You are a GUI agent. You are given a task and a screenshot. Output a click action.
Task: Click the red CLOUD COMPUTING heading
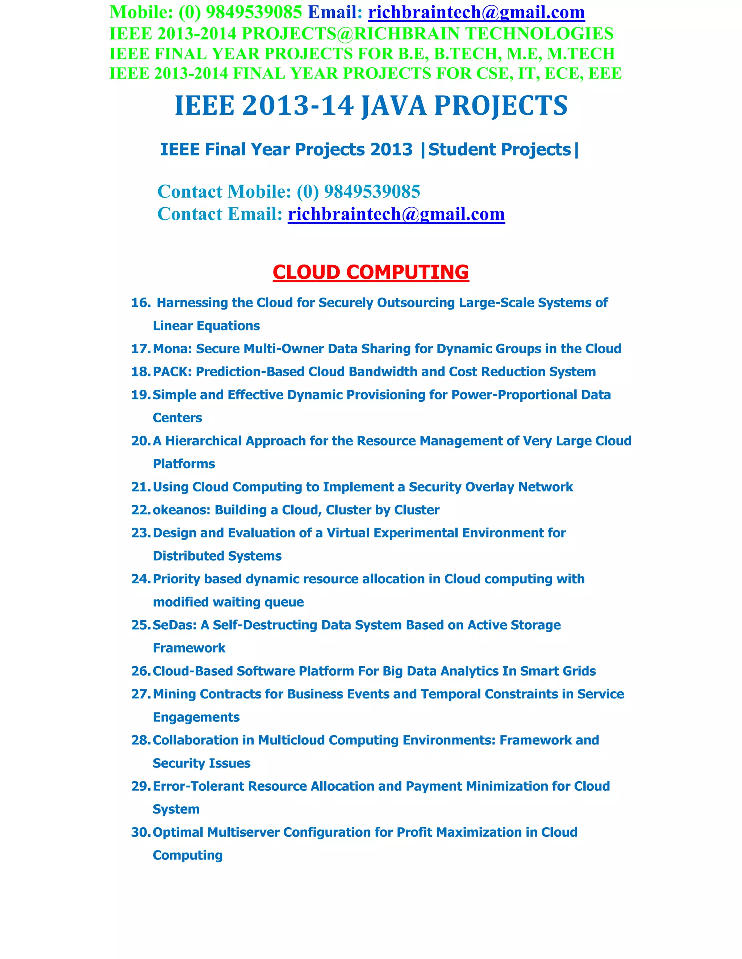pyautogui.click(x=371, y=272)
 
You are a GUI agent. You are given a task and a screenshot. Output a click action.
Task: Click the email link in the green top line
pyautogui.click(x=476, y=12)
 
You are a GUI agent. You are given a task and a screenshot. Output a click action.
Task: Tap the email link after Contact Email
pyautogui.click(x=396, y=214)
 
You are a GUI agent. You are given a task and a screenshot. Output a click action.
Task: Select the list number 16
pyautogui.click(x=141, y=303)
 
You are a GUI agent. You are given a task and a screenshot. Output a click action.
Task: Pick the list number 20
pyautogui.click(x=141, y=441)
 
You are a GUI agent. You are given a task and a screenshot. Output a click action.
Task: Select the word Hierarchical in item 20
pyautogui.click(x=204, y=441)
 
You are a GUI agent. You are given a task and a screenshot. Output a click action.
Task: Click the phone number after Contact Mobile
pyautogui.click(x=371, y=192)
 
